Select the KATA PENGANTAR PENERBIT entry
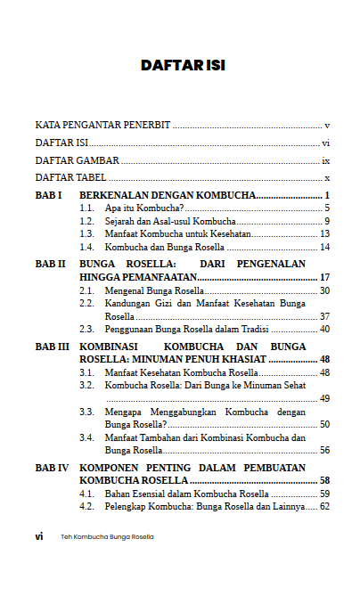click(103, 125)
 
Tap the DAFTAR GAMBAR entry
click(78, 161)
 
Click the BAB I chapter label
click(47, 195)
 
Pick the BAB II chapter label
click(50, 265)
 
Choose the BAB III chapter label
click(51, 347)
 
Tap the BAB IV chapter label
click(51, 468)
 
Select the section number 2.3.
click(86, 329)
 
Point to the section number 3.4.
click(86, 437)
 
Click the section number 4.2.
click(86, 507)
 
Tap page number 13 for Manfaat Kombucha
click(325, 233)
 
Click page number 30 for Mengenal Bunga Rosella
click(325, 290)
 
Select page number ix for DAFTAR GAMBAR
click(326, 161)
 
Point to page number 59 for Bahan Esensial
click(325, 494)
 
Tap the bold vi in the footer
click(39, 537)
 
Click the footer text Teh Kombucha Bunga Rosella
click(107, 537)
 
